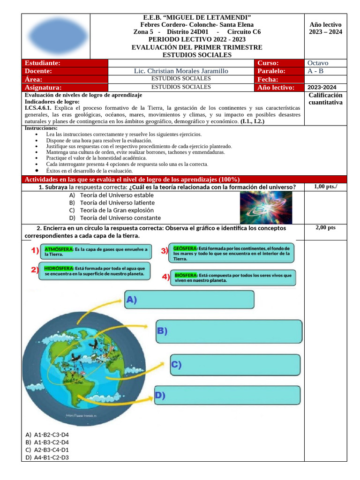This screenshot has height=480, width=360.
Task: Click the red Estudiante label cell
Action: [x=65, y=63]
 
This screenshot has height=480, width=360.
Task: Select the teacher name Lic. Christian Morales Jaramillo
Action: [x=181, y=71]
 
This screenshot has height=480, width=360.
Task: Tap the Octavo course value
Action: [x=318, y=63]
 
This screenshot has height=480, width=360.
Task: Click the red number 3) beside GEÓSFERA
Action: [x=165, y=251]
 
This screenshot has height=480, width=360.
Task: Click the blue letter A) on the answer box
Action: [x=131, y=300]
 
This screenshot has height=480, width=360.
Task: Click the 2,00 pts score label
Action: [x=325, y=228]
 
